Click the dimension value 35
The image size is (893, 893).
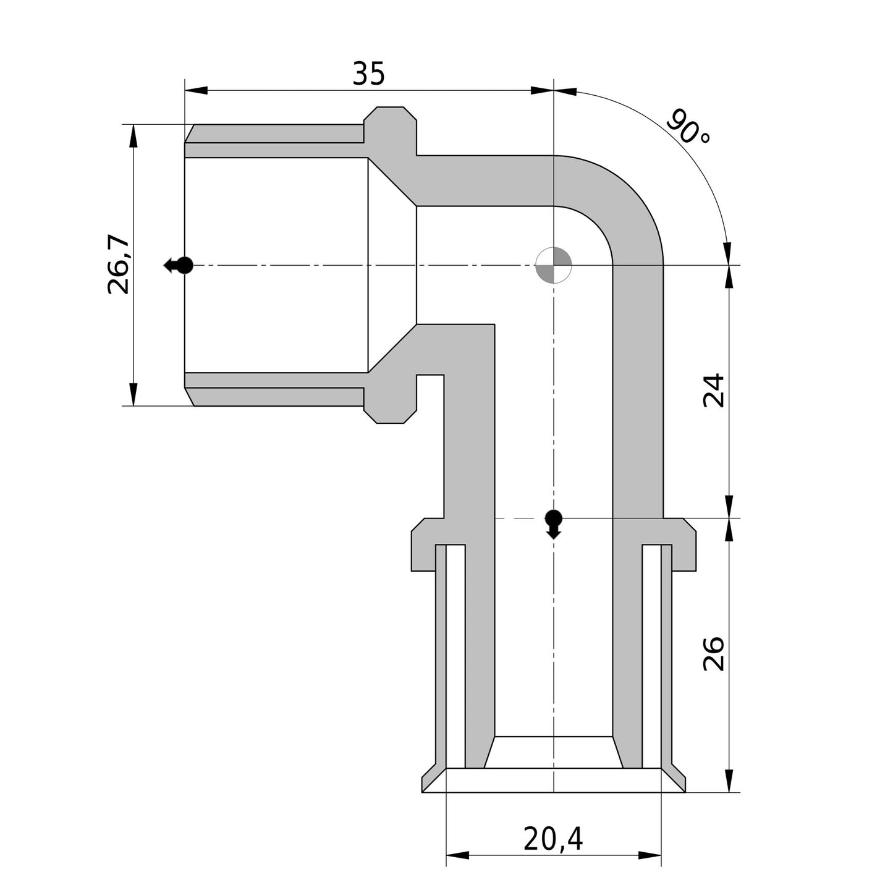point(368,73)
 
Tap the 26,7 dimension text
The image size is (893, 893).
point(117,265)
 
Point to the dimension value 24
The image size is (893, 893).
point(713,390)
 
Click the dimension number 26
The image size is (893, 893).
point(713,653)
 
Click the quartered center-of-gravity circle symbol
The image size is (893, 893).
point(553,265)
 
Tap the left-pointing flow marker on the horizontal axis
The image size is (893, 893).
point(179,265)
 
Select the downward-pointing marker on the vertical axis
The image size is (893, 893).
point(553,523)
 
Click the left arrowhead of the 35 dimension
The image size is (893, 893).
point(196,90)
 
